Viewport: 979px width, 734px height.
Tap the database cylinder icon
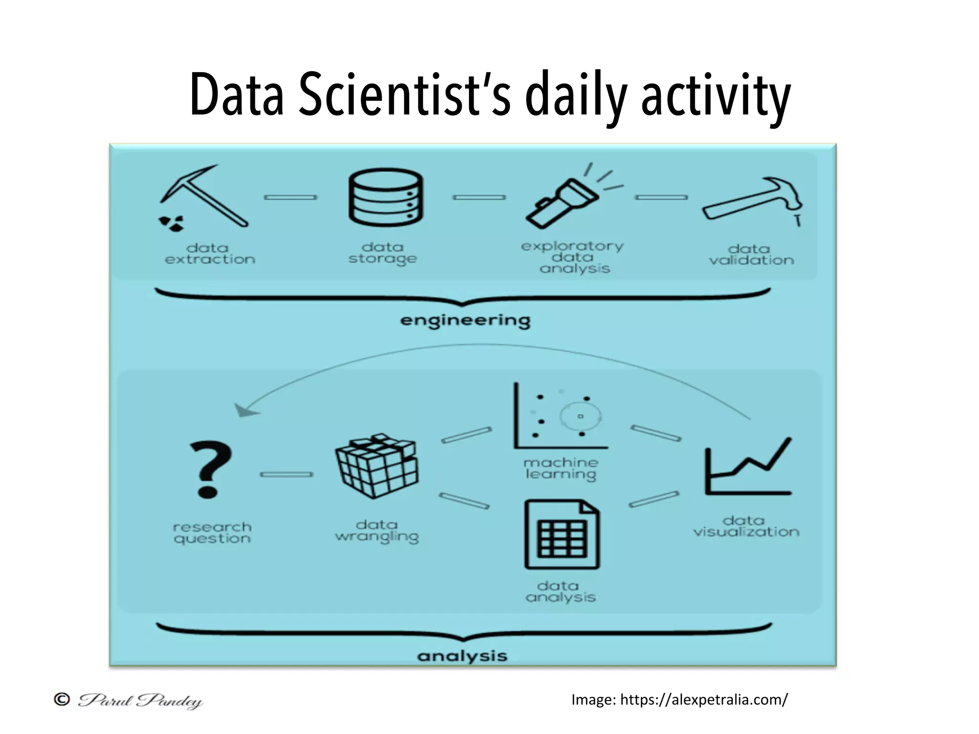(385, 197)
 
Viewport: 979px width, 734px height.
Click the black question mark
(209, 469)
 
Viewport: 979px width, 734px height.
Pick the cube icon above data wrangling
(377, 465)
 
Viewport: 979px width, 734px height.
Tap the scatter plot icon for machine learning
(559, 416)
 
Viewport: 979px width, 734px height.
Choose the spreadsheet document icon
(562, 534)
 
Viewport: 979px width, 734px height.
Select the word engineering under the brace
(465, 321)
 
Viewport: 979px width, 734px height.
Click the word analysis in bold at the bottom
(462, 656)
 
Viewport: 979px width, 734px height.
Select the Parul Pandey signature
(141, 701)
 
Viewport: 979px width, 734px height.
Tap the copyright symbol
(62, 700)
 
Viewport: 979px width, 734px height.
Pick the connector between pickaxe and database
(291, 197)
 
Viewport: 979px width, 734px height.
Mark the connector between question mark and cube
(286, 475)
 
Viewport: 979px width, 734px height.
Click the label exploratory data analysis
(573, 257)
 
